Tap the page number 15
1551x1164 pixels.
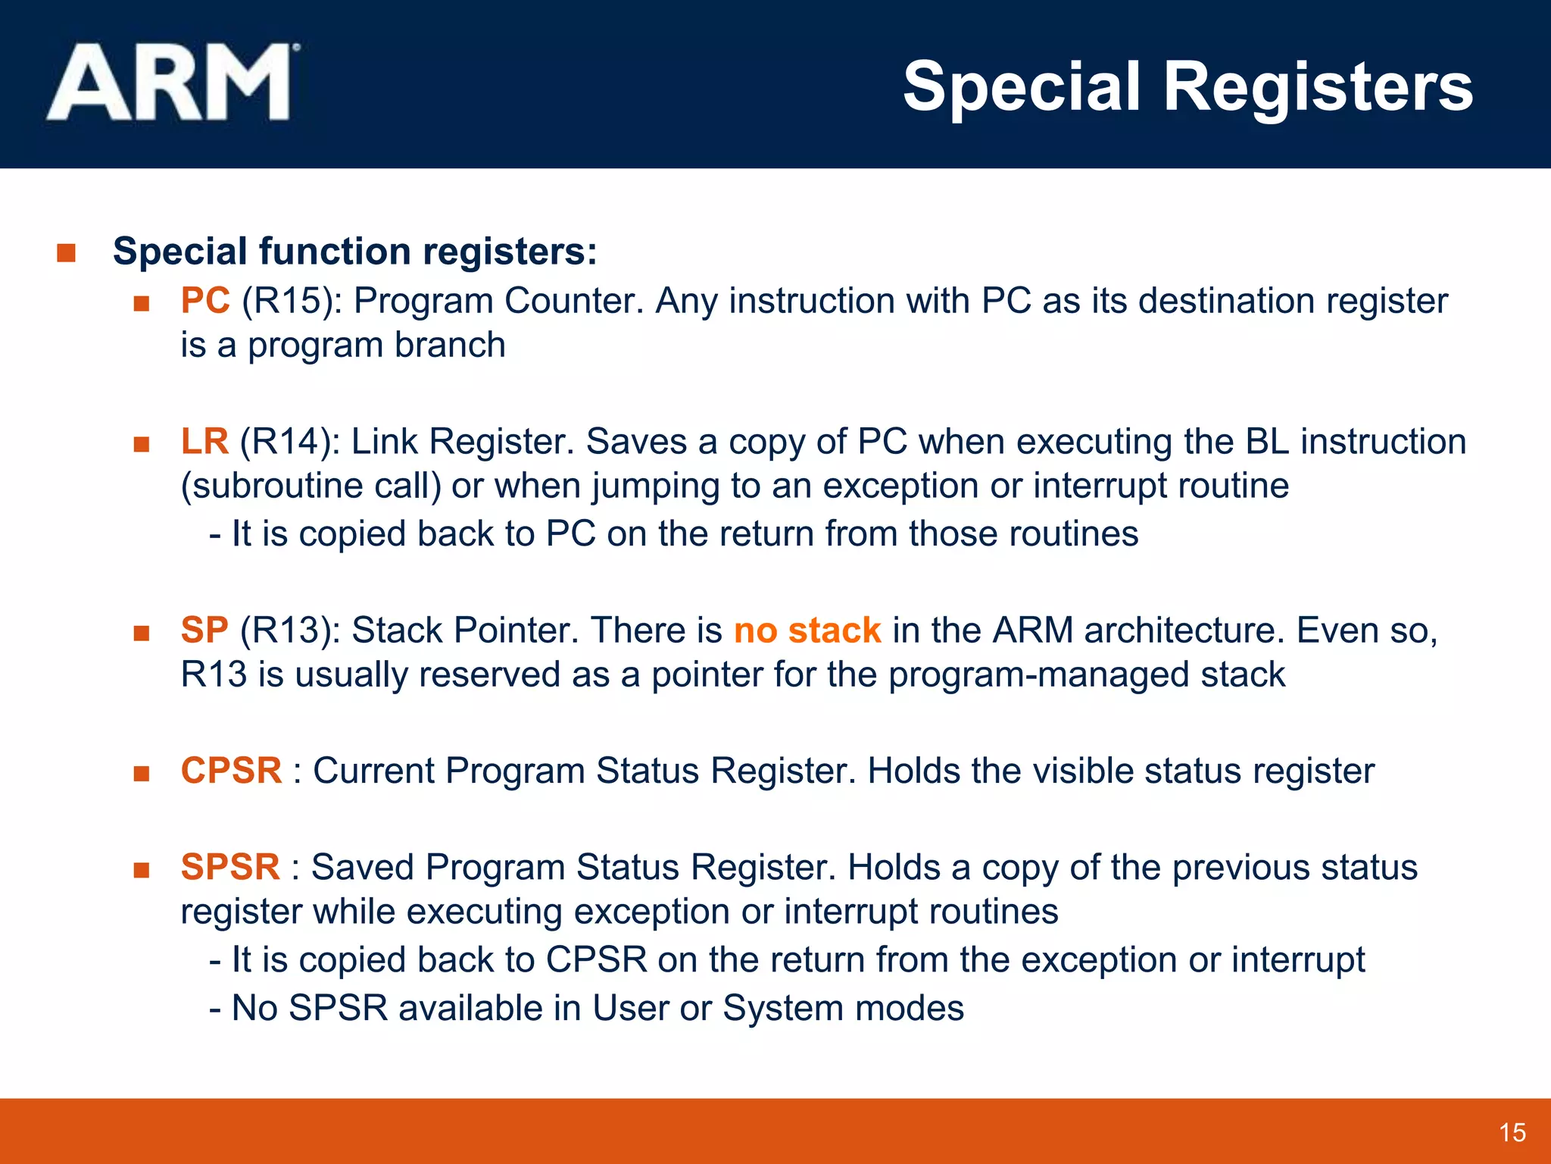(1512, 1133)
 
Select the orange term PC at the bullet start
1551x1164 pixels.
(205, 301)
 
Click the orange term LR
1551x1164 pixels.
(204, 442)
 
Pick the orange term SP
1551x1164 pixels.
(204, 630)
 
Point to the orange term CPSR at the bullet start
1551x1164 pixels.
(231, 771)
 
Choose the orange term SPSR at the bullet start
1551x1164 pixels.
(230, 867)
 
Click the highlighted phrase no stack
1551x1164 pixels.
(807, 630)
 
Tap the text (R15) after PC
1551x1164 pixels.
(286, 301)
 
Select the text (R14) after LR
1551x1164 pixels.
(285, 442)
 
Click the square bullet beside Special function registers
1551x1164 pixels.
(67, 252)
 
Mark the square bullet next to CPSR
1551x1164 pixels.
(141, 773)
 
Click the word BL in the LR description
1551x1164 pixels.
(1266, 442)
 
